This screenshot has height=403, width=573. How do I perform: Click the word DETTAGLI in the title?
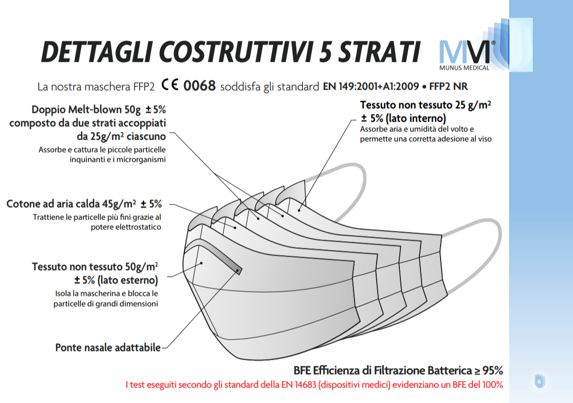coord(96,52)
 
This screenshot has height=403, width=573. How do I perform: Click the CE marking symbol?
coord(170,85)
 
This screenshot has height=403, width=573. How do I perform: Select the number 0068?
coord(199,86)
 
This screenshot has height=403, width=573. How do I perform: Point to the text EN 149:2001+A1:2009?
coord(371,86)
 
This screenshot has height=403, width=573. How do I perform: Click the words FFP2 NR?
coord(448,86)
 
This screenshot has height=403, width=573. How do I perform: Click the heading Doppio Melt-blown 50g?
coord(86,110)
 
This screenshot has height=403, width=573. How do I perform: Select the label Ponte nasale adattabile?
coord(108,347)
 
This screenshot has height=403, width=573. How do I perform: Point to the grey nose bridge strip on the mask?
coord(215,255)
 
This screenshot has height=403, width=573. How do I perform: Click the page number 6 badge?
coord(540,381)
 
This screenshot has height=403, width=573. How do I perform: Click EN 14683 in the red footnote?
coord(298,385)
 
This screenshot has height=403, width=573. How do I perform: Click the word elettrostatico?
coord(126,227)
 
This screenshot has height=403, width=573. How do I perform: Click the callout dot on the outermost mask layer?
coord(201,263)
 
